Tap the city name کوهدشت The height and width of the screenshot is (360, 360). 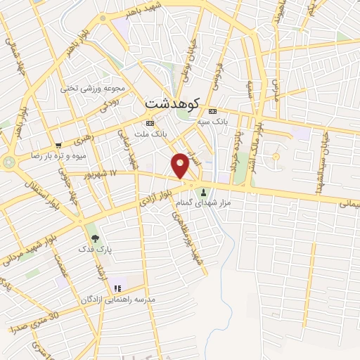[172, 103]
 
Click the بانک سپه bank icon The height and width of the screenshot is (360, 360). [213, 111]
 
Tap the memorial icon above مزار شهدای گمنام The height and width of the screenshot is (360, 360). [204, 193]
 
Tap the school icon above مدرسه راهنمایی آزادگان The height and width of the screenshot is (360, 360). [117, 287]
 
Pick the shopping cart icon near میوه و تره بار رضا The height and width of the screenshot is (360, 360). [59, 146]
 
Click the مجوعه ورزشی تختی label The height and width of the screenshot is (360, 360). [91, 89]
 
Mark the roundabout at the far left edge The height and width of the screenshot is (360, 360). [8, 161]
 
